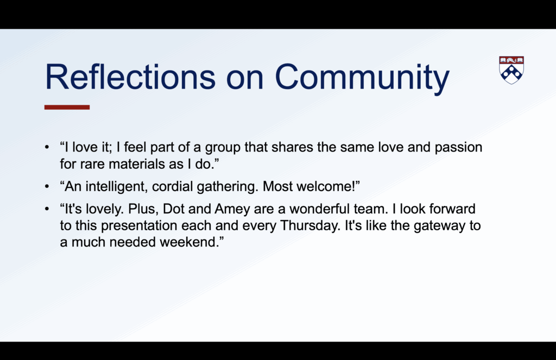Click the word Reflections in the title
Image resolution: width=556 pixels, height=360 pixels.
130,77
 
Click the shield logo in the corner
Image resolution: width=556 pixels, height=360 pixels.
511,70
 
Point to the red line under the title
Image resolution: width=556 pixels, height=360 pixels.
67,107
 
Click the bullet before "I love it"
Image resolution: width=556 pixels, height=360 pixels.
47,148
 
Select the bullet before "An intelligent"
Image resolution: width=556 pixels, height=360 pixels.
47,187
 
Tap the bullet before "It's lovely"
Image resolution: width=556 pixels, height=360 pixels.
47,209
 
